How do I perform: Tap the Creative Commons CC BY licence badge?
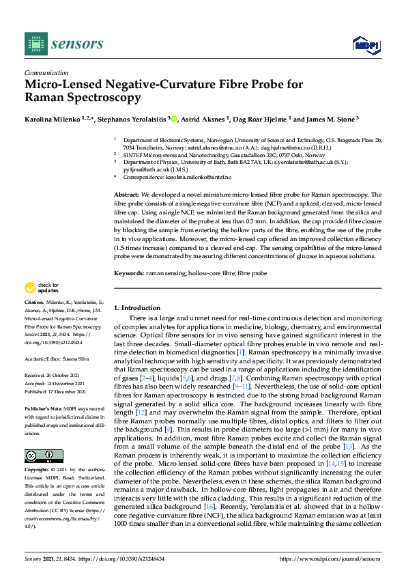[x=44, y=455]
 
